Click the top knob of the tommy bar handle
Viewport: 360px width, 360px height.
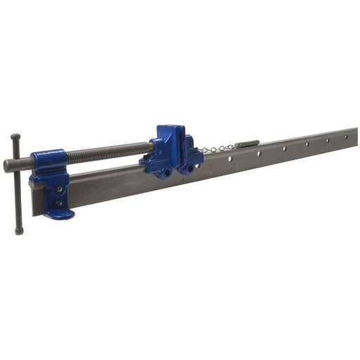point(15,136)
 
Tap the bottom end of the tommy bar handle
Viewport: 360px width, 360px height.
point(18,231)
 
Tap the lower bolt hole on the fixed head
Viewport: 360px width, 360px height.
point(59,204)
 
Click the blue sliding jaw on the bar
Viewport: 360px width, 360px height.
point(172,150)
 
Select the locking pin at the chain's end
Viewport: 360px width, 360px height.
point(247,143)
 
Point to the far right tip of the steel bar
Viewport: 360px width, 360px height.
point(355,134)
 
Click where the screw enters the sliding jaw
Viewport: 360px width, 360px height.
point(150,146)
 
